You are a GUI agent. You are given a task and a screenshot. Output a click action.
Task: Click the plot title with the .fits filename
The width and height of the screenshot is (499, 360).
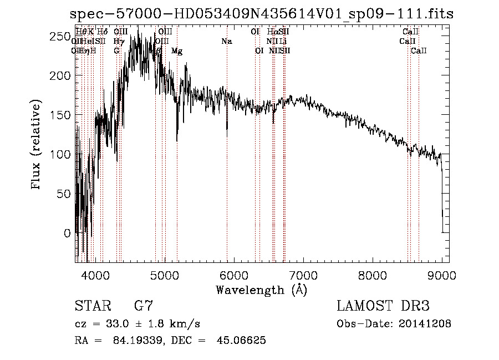[x=262, y=14]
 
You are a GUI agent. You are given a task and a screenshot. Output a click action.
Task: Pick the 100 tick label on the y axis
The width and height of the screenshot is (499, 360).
[x=58, y=155]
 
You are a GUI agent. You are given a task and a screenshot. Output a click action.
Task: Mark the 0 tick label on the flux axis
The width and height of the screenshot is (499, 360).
[x=67, y=234]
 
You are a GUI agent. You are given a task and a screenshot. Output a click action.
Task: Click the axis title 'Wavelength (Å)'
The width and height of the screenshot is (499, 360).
[x=261, y=290]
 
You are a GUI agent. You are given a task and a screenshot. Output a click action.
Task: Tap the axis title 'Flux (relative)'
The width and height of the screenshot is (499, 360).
[x=37, y=146]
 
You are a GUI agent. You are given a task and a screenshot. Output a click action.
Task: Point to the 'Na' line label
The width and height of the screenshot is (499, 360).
[x=226, y=42]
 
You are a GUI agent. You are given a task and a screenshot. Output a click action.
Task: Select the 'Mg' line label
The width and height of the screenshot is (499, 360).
[x=177, y=51]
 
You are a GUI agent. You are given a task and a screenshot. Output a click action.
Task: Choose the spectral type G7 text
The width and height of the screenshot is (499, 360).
[x=144, y=306]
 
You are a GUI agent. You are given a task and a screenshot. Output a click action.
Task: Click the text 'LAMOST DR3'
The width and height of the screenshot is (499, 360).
[x=383, y=306]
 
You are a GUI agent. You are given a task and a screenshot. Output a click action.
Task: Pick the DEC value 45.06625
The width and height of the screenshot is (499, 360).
[x=242, y=341]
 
